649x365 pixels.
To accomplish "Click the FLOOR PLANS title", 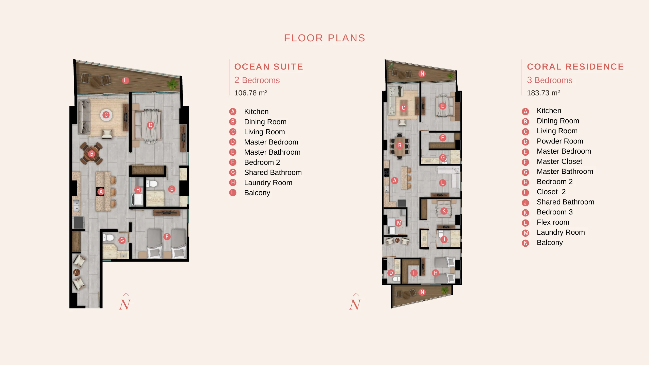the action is [324, 38].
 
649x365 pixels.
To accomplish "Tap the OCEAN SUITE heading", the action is [269, 67].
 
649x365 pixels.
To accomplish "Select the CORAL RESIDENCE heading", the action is [575, 67].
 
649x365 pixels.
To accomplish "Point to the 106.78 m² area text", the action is [251, 93].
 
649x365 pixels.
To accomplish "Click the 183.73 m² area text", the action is [543, 93].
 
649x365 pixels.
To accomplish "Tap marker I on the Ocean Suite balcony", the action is [125, 80].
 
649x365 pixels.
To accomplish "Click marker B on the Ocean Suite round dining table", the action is [92, 153].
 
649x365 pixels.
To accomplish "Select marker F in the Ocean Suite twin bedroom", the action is [167, 236].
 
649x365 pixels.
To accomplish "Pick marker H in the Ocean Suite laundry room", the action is [138, 190].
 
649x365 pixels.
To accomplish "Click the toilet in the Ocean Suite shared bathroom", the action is [108, 238].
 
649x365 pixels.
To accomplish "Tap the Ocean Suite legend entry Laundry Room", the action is [268, 182].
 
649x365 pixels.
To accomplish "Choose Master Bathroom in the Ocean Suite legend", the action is [272, 152].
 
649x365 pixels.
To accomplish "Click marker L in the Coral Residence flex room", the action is [443, 183].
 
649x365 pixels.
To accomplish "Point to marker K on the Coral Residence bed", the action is [444, 211].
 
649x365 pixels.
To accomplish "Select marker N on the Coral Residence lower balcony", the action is [422, 292].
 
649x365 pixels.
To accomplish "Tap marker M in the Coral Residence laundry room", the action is [399, 223].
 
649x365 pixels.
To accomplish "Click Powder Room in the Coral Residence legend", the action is [560, 141].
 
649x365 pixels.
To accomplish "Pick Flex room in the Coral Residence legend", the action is [553, 222].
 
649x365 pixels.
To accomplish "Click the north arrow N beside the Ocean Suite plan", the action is [125, 302].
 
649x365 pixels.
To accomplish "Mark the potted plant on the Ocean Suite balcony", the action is [173, 84].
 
